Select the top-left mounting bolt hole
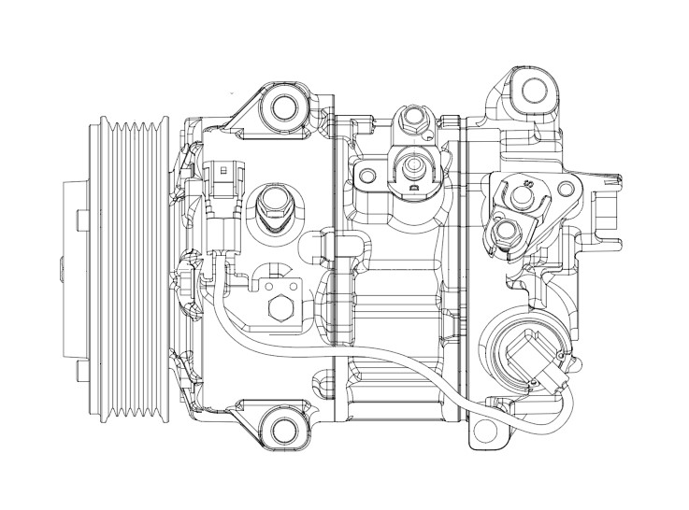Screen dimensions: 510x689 point(281,107)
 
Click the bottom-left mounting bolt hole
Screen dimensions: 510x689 point(281,429)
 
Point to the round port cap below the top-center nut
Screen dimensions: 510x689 point(409,167)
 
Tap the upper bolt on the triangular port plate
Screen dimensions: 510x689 point(522,193)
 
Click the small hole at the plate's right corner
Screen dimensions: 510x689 point(565,191)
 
